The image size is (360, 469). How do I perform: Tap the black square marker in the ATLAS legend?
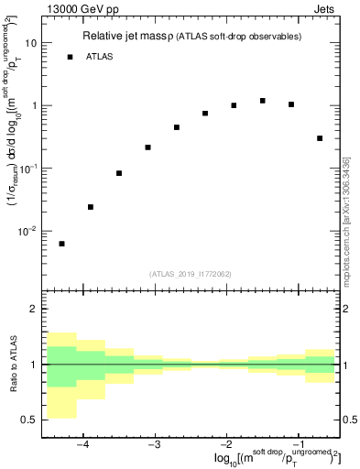click(70, 57)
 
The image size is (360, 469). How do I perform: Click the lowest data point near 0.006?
click(61, 244)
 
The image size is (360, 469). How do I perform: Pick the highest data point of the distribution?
click(263, 101)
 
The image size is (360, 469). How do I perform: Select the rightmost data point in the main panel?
click(320, 138)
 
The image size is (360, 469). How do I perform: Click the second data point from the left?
click(90, 207)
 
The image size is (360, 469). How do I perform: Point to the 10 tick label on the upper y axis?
click(30, 43)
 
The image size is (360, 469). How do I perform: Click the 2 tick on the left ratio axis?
click(34, 310)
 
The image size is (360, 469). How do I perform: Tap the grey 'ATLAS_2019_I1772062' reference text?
click(190, 273)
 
